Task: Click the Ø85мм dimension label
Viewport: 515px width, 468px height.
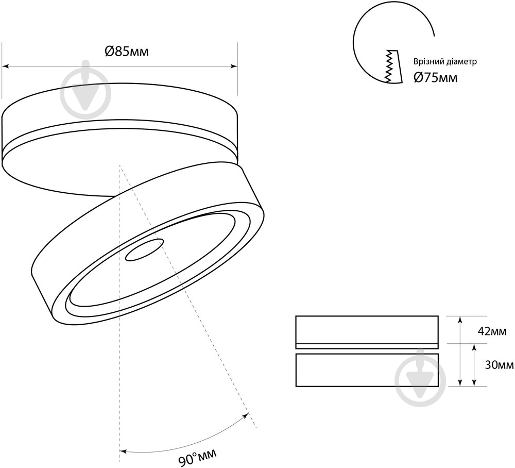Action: pos(127,51)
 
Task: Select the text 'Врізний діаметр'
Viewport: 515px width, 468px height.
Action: pos(445,61)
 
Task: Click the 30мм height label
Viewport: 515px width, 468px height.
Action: pos(499,365)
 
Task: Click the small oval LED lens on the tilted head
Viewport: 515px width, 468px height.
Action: pos(145,250)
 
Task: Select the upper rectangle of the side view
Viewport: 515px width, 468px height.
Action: pos(367,330)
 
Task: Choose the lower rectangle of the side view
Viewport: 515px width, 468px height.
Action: pos(367,370)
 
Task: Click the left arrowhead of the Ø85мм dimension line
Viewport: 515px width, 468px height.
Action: pos(5,66)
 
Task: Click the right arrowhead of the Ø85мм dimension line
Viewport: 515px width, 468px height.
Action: pos(234,66)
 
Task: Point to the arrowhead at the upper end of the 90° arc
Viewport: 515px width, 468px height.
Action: pos(245,416)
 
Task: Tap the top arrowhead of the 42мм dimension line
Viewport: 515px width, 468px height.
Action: pos(460,319)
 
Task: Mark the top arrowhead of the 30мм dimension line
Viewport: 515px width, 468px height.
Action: pos(474,347)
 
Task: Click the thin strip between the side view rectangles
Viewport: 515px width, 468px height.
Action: pos(367,346)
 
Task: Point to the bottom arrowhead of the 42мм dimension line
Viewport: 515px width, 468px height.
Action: pos(460,383)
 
